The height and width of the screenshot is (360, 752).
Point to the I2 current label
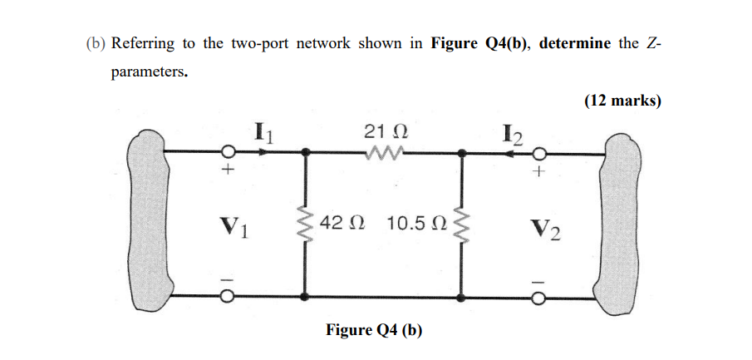pos(509,134)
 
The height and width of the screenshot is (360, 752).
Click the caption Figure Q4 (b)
pos(374,330)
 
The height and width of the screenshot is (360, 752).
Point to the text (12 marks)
pos(622,101)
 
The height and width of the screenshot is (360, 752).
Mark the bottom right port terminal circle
pos(540,297)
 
